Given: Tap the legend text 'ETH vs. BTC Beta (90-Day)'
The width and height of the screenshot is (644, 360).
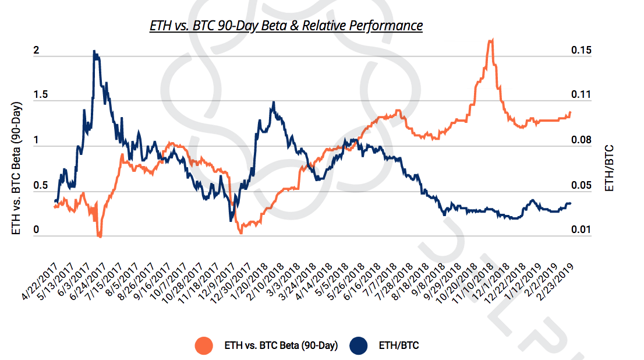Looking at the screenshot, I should point(281,345).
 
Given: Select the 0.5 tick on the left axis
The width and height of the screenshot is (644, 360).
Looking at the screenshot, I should point(39,186).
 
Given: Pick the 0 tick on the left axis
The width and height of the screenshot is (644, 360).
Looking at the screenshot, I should point(37,231).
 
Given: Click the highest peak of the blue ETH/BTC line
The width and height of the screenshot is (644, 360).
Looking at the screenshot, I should point(94,51).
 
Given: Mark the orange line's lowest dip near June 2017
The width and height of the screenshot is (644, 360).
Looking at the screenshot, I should point(100,237).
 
